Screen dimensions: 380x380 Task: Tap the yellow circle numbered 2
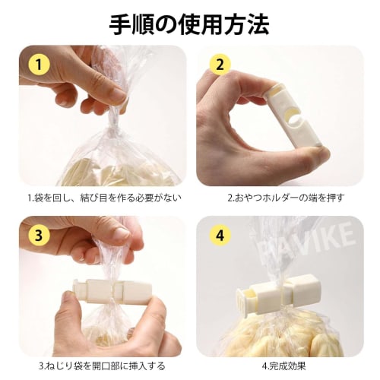[x=221, y=65]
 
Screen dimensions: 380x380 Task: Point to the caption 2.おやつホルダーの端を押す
[x=286, y=198]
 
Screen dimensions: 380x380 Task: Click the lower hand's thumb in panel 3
[x=144, y=312]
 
